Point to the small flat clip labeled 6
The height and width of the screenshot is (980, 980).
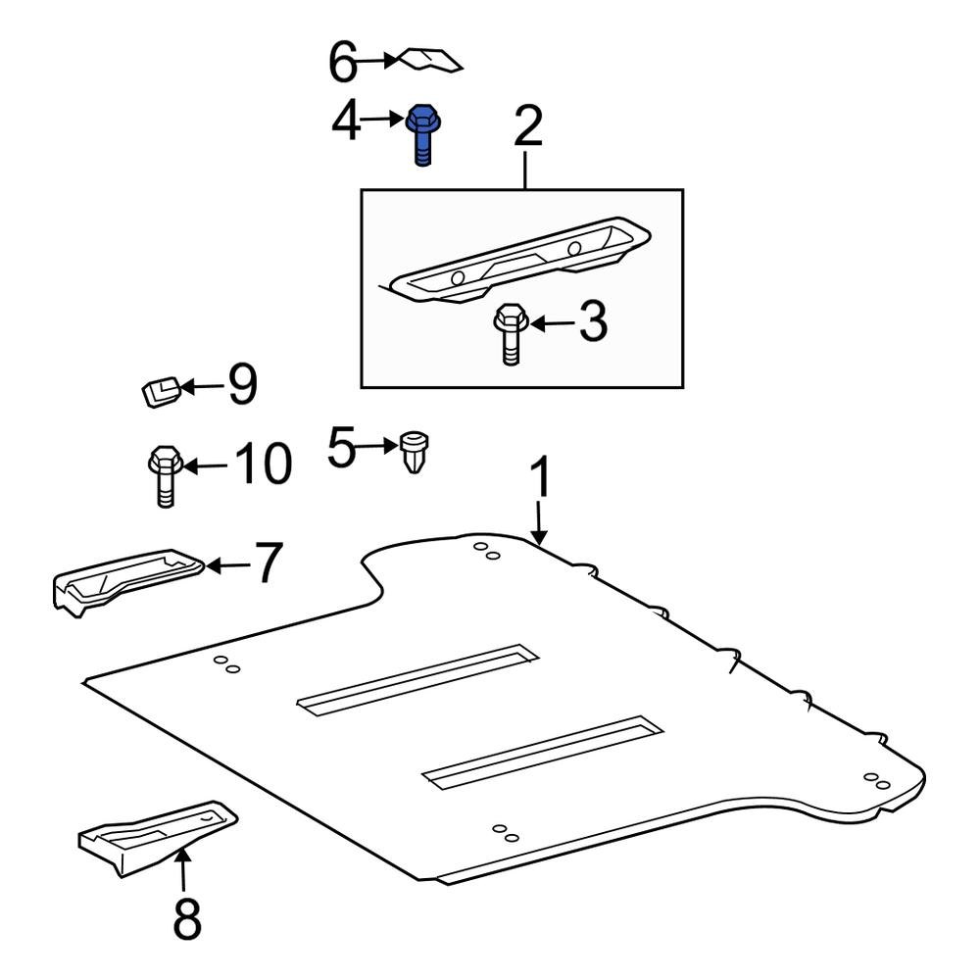coord(428,61)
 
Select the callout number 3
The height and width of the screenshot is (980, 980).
coord(592,322)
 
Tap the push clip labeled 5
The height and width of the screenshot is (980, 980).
coord(417,454)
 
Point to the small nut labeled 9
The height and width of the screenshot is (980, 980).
coord(159,392)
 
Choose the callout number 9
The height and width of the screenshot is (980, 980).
coord(242,385)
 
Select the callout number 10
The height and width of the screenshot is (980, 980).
coord(262,465)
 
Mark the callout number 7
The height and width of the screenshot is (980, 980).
coord(269,564)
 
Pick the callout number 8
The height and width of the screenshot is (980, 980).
coord(185,919)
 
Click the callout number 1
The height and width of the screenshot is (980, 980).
coord(540,479)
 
